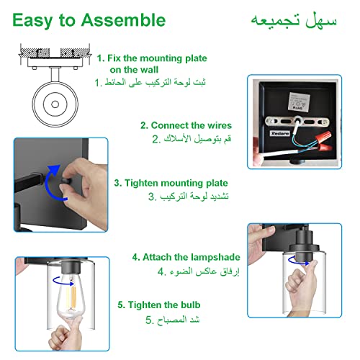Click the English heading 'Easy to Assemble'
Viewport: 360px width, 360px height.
89,21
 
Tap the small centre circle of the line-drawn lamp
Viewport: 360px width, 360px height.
55,104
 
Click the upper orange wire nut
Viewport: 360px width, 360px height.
324,138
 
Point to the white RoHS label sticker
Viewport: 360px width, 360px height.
299,102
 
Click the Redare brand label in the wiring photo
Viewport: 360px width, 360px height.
280,133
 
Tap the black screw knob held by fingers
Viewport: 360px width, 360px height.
66,181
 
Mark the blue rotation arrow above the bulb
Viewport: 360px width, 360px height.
63,282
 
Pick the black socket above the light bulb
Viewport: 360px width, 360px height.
71,267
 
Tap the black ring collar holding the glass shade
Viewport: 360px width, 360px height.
304,247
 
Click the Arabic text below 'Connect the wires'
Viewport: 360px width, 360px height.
192,139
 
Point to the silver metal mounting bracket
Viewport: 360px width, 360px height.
297,122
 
